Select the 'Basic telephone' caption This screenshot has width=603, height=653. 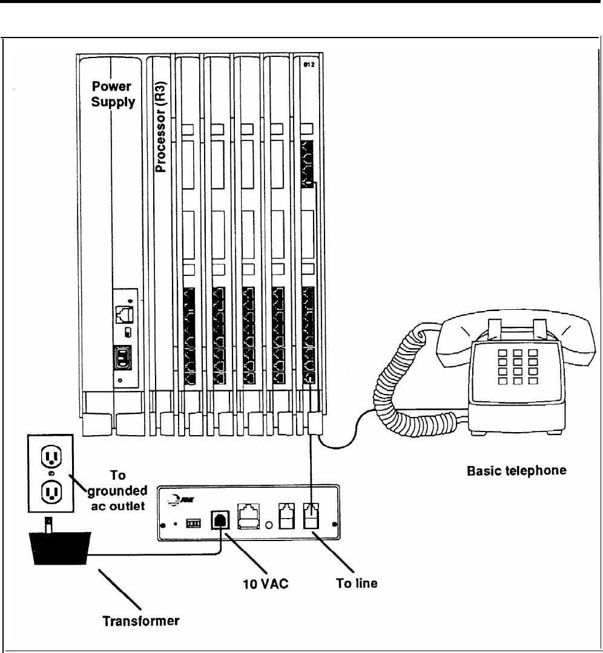point(516,470)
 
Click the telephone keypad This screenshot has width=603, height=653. point(514,366)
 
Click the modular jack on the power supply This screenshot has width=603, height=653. point(122,313)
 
